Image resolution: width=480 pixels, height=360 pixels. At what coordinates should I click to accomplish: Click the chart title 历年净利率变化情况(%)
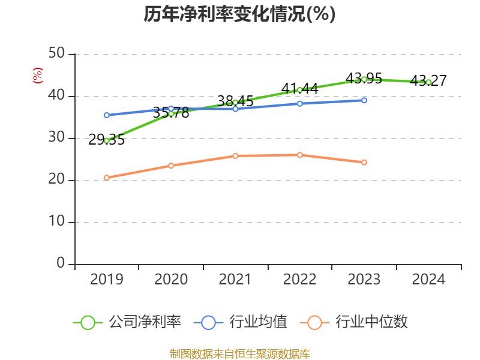239,14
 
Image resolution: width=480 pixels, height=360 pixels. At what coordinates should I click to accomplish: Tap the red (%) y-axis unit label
38,76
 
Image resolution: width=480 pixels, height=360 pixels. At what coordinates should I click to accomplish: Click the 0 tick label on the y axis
61,264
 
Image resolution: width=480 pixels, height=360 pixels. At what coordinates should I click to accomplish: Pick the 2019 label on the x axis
107,280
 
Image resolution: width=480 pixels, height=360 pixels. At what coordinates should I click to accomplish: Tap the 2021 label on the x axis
235,280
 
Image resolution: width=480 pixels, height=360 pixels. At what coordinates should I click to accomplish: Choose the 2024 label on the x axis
428,280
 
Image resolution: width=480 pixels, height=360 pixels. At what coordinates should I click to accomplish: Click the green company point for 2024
428,82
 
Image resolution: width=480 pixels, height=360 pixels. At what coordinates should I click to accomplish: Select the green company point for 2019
107,140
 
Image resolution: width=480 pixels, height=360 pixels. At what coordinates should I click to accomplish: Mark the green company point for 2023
364,79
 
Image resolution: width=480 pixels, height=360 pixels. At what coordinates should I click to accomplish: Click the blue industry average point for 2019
107,115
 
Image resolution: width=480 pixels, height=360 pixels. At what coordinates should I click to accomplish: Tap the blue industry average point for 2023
364,100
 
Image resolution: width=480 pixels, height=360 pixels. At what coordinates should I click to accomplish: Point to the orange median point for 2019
107,178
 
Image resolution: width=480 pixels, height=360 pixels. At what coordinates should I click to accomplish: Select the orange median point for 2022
300,155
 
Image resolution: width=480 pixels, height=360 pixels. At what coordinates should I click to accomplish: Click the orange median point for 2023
364,162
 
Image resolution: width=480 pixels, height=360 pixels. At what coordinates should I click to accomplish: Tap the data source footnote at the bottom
239,353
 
